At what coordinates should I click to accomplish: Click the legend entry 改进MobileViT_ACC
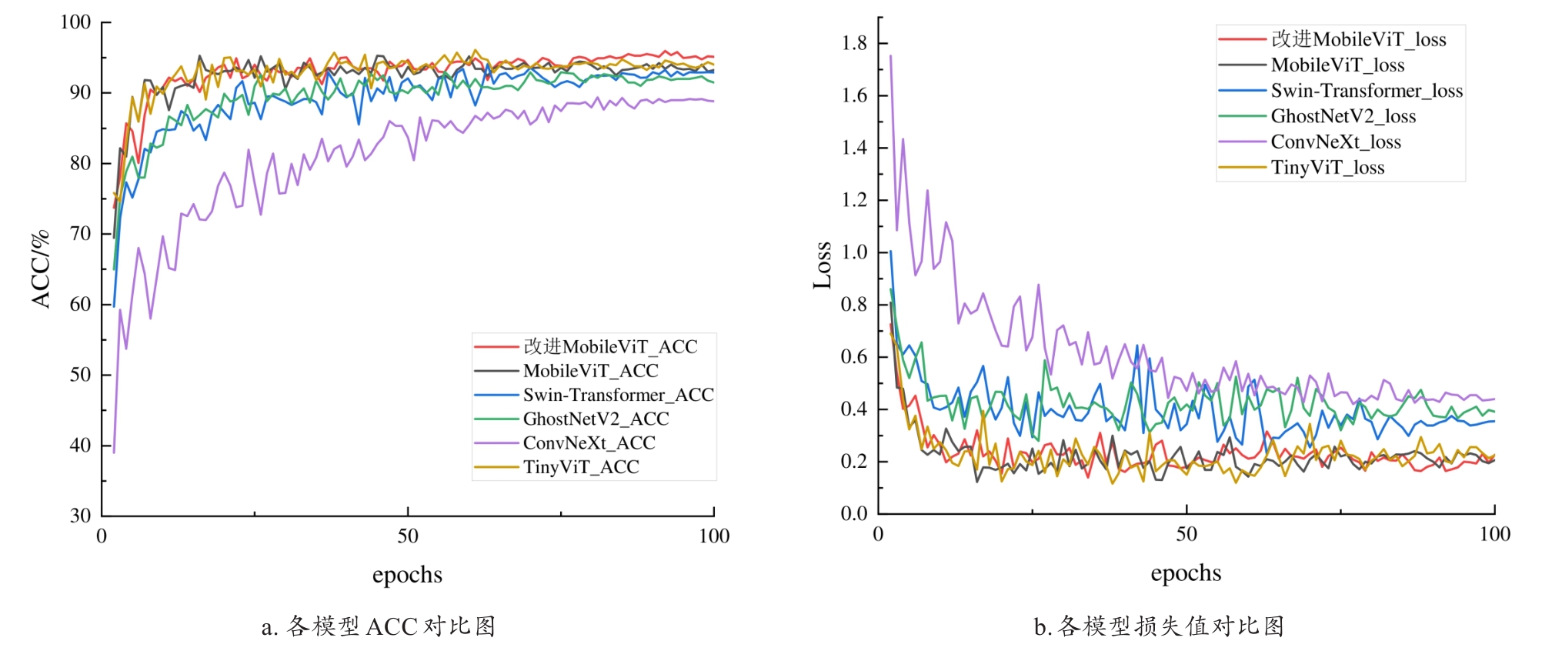[x=610, y=347]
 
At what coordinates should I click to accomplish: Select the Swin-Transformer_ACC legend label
[x=618, y=395]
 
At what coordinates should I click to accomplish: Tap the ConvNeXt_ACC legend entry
[x=589, y=443]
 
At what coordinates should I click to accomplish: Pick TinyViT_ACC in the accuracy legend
[x=581, y=467]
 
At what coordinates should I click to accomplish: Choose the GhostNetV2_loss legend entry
[x=1343, y=116]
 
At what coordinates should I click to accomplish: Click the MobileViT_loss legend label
[x=1337, y=65]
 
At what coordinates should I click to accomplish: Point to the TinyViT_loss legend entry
[x=1327, y=168]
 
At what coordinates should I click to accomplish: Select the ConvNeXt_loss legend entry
[x=1336, y=142]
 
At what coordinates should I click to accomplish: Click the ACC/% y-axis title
[x=40, y=269]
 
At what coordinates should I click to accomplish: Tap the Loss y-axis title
[x=822, y=265]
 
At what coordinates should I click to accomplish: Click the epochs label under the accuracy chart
[x=407, y=575]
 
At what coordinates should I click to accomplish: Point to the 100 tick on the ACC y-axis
[x=75, y=22]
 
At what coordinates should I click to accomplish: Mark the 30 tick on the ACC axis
[x=80, y=516]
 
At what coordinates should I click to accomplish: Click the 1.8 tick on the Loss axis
[x=854, y=43]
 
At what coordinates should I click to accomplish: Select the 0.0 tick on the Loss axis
[x=854, y=513]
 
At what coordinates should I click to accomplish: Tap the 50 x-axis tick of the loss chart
[x=1186, y=534]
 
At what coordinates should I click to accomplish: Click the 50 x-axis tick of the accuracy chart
[x=407, y=536]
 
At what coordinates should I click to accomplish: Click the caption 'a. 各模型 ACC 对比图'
[x=379, y=626]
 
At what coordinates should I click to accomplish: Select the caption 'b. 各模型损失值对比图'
[x=1159, y=626]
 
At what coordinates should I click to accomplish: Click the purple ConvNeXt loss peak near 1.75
[x=890, y=56]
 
